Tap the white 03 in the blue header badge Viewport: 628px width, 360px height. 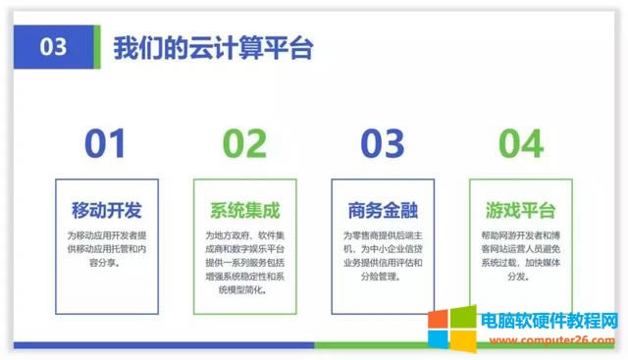click(55, 48)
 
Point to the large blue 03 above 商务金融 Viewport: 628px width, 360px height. click(382, 144)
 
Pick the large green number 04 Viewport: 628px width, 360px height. click(520, 144)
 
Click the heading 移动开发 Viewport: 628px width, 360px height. click(107, 210)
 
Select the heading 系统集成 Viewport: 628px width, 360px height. click(244, 210)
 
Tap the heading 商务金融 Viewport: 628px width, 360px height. click(383, 210)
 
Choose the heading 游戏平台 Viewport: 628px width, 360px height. click(520, 210)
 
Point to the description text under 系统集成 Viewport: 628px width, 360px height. click(244, 256)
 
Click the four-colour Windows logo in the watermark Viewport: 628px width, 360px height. click(452, 328)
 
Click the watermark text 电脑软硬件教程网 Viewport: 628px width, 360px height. click(544, 320)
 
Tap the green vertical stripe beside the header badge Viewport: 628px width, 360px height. click(96, 48)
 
